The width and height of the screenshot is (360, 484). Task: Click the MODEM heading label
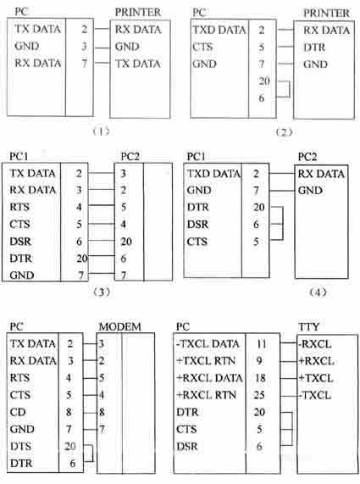(120, 326)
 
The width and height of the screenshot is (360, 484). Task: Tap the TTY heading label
(308, 327)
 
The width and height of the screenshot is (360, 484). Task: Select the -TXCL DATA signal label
(208, 344)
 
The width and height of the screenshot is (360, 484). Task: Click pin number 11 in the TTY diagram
(261, 344)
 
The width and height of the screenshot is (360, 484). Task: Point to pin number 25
(259, 395)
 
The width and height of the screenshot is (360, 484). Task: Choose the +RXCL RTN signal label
(207, 395)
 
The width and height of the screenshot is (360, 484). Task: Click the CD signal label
(18, 412)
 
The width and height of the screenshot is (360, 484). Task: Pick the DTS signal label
(20, 446)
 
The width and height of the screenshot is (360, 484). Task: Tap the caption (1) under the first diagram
(101, 131)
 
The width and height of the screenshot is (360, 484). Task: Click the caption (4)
(318, 292)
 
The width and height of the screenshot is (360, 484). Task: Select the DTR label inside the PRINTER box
(314, 47)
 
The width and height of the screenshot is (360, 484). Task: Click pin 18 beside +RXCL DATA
(260, 378)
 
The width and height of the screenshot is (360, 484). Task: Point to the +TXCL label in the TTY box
(316, 378)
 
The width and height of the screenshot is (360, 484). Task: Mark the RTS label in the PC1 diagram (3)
(19, 207)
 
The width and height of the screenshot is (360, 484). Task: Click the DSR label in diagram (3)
(20, 241)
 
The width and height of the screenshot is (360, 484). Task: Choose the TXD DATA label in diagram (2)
(219, 30)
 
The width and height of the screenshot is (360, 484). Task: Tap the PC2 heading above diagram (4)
(307, 157)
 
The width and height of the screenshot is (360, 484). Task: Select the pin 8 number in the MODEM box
(102, 412)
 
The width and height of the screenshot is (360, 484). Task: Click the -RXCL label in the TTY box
(314, 344)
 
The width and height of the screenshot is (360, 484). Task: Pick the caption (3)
(102, 292)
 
